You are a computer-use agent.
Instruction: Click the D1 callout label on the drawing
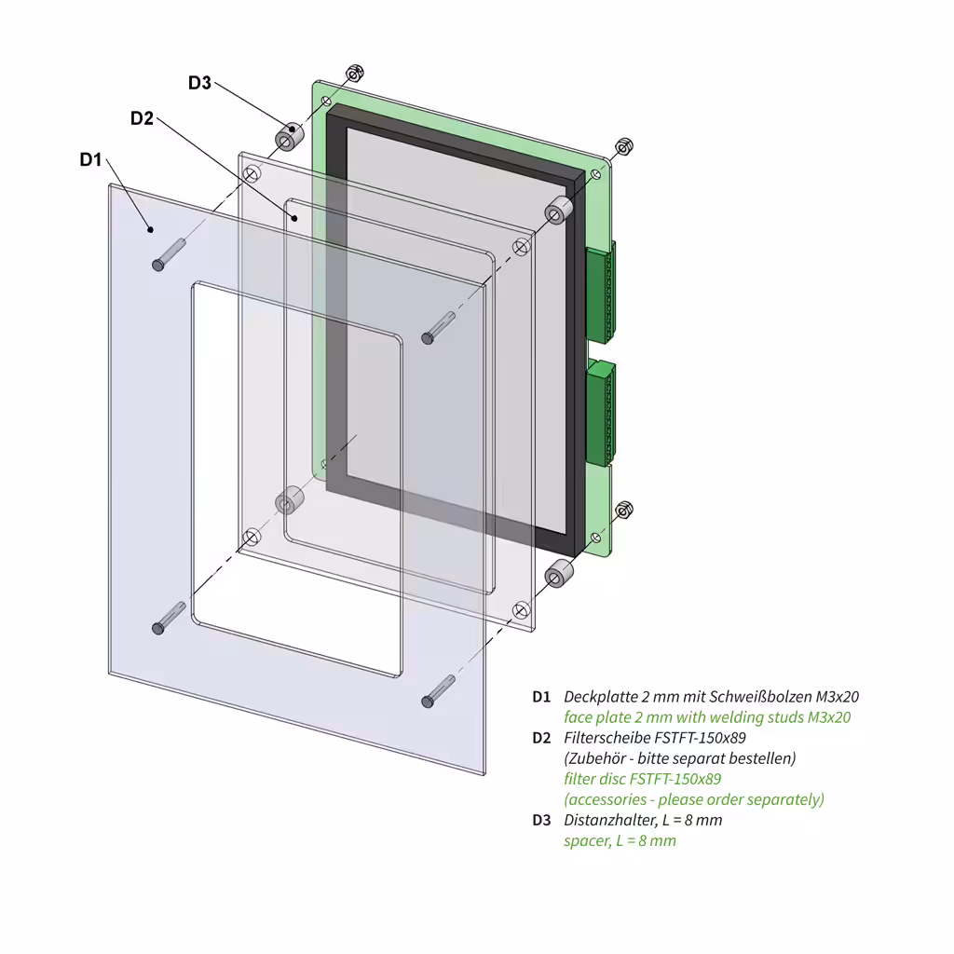point(90,159)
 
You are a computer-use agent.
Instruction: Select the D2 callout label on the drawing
point(142,118)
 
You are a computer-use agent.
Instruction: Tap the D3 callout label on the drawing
point(199,83)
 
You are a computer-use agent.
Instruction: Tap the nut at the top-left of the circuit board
point(354,74)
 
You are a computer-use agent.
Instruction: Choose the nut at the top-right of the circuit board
point(624,146)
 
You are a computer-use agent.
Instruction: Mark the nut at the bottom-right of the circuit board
point(624,510)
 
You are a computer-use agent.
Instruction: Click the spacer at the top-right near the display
point(558,211)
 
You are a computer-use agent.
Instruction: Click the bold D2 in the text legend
point(541,738)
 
